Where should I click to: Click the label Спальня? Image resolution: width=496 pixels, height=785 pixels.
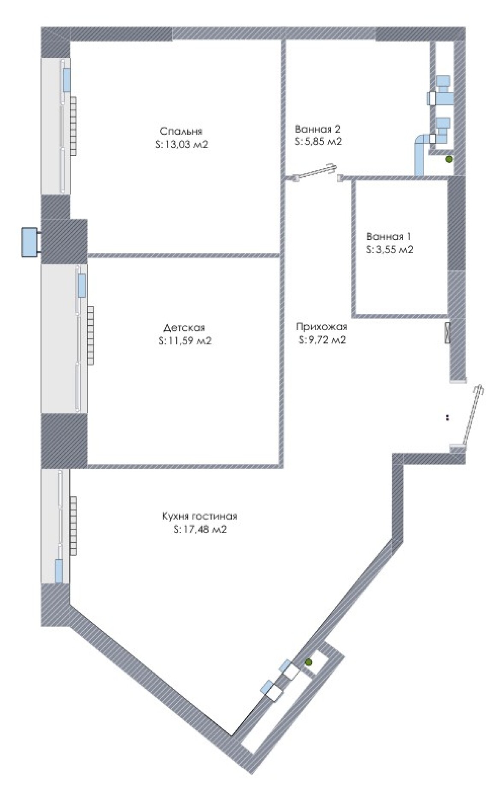(x=181, y=131)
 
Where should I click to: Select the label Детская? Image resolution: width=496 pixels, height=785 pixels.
(x=184, y=328)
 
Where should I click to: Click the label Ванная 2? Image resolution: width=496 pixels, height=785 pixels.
(x=318, y=129)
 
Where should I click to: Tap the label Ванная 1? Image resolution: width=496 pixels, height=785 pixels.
(x=389, y=237)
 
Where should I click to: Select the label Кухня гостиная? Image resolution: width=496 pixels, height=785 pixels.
(x=199, y=516)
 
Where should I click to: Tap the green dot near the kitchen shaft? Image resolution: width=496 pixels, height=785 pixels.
(x=308, y=662)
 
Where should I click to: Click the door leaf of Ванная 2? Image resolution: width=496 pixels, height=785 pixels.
(x=317, y=171)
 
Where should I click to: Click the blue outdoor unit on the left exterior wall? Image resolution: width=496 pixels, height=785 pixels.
(x=30, y=242)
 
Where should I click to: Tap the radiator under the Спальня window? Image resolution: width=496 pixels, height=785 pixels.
(x=74, y=126)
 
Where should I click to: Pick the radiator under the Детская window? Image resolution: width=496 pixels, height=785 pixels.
(x=91, y=335)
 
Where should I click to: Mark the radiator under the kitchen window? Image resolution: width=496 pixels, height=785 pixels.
(x=73, y=526)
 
